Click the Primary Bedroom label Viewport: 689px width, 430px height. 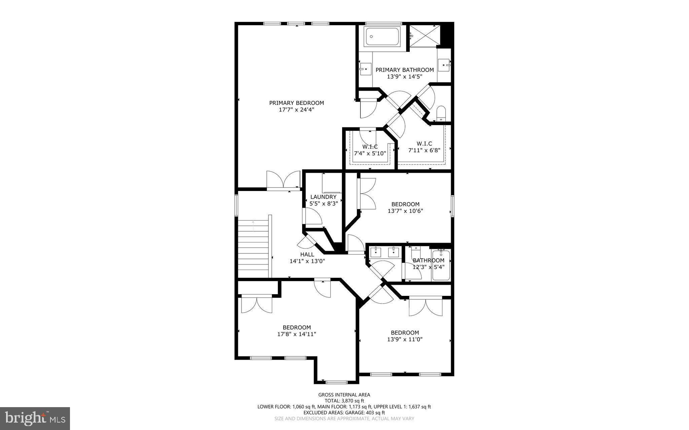296,103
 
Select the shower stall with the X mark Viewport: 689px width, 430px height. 424,35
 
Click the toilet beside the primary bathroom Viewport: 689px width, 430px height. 441,113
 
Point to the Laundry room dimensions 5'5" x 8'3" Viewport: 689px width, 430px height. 323,203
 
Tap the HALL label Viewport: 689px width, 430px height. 307,255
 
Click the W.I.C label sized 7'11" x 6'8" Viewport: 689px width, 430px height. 424,144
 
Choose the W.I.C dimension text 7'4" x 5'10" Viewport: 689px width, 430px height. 370,153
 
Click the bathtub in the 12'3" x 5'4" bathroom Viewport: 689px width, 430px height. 440,266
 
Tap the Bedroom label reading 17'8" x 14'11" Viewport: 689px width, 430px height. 296,327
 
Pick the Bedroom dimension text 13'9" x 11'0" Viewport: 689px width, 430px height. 405,340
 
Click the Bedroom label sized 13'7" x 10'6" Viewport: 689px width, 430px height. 405,204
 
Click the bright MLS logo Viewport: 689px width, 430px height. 35,418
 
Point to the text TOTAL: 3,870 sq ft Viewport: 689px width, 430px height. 344,401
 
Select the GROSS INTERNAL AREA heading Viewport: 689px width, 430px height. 344,395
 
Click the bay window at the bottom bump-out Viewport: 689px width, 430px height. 336,382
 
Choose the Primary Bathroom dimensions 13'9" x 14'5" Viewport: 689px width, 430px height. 405,76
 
